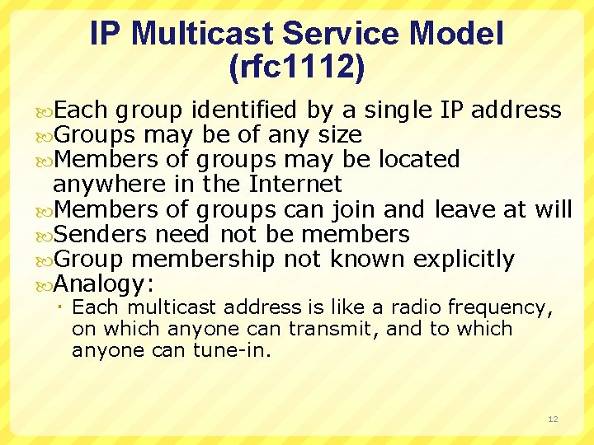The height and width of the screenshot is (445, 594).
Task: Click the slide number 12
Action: coord(553,419)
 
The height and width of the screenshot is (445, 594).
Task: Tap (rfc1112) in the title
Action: coord(296,68)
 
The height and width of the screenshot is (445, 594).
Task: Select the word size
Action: coord(336,133)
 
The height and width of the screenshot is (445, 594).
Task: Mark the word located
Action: coord(418,158)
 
